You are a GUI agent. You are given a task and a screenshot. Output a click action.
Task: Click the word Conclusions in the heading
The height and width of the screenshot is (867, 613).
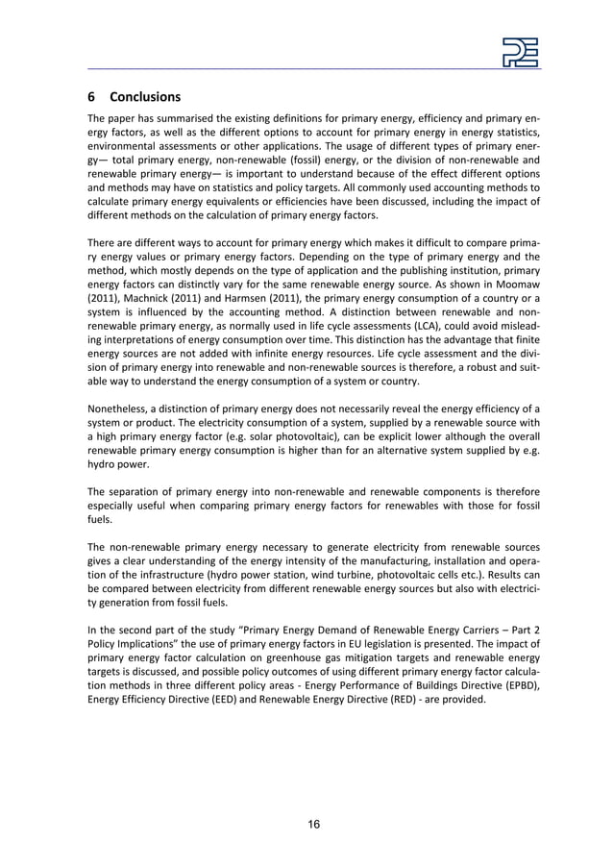[x=145, y=97]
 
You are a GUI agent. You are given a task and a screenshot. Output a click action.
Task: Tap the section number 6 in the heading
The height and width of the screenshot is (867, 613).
[x=92, y=97]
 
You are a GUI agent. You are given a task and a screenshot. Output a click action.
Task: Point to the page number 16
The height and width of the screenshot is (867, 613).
[x=313, y=824]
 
